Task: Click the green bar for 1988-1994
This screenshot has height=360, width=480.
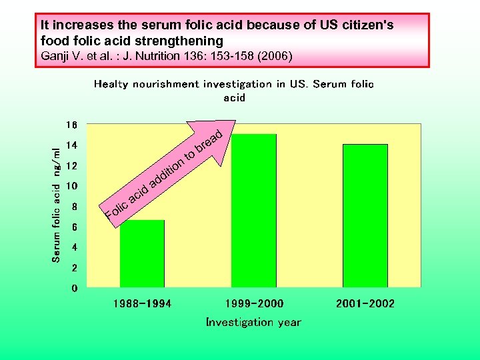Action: (x=142, y=253)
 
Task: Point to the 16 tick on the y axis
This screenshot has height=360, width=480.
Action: (x=71, y=125)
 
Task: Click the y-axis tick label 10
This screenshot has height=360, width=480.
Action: (x=71, y=186)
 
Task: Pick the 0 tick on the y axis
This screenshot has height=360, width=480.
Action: (x=75, y=289)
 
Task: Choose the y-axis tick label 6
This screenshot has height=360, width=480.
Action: (x=75, y=227)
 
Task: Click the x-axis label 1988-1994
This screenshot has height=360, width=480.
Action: (x=142, y=304)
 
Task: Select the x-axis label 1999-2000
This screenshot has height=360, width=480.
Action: (x=254, y=304)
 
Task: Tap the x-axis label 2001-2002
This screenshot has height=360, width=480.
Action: (x=365, y=304)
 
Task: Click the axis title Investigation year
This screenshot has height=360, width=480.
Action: (x=253, y=323)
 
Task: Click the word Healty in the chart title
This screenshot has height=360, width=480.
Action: (x=111, y=84)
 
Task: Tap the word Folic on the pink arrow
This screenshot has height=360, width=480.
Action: (x=118, y=209)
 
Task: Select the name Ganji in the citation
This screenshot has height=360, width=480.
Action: (x=54, y=56)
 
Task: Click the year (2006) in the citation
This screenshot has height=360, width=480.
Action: (x=274, y=56)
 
